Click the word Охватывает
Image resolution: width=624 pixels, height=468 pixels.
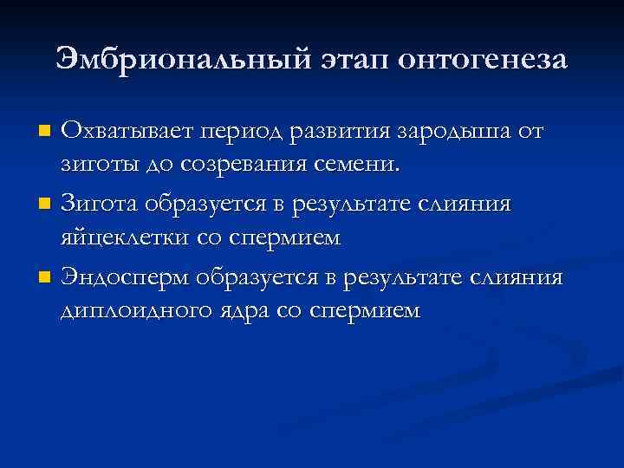click(x=127, y=133)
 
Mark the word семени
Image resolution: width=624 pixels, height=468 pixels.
click(x=360, y=166)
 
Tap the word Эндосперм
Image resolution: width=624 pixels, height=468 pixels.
click(x=125, y=278)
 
